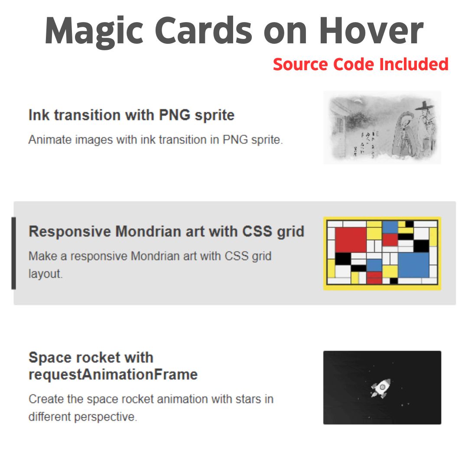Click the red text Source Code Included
click(x=361, y=65)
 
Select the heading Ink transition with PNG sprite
click(x=131, y=115)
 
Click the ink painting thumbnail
click(x=382, y=127)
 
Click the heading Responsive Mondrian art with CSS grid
click(x=166, y=231)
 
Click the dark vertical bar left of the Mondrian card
click(x=13, y=253)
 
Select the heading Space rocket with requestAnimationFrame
click(x=113, y=366)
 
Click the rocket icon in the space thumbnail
click(x=380, y=388)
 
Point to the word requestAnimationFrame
click(x=113, y=374)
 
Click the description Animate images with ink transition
click(x=156, y=140)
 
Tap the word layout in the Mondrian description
click(x=45, y=274)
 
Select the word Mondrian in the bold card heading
click(x=147, y=231)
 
